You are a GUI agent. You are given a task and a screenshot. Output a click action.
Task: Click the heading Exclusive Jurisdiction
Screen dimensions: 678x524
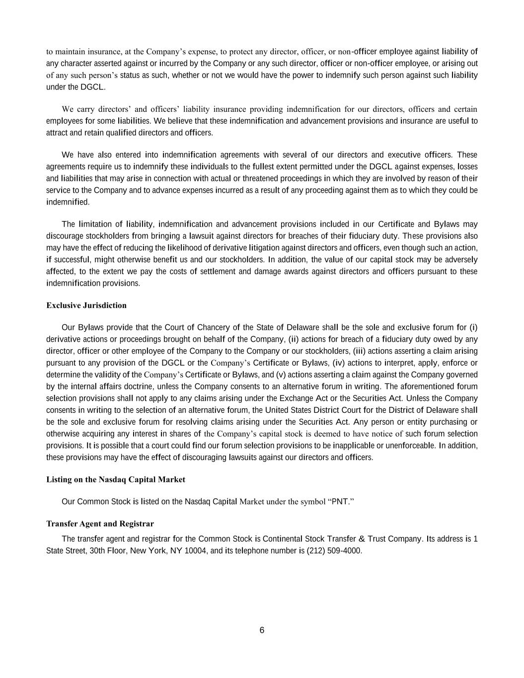coord(86,305)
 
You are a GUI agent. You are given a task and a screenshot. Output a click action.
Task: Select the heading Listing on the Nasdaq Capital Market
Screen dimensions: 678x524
coord(116,480)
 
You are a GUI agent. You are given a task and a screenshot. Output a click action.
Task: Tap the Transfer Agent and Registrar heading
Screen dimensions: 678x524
coord(100,524)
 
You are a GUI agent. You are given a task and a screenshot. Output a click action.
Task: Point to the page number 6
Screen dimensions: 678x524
coord(262,631)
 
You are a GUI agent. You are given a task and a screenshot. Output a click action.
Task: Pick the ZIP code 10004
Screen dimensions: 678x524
coord(195,551)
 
